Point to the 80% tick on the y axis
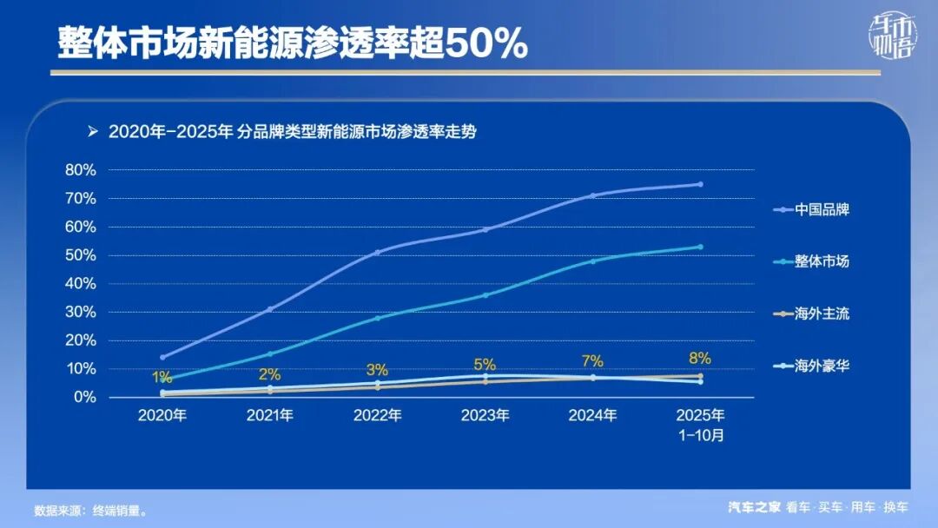81,170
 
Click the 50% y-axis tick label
81,255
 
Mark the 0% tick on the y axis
84,397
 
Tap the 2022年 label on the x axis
377,415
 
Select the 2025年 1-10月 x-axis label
700,425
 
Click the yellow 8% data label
700,358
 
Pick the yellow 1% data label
162,377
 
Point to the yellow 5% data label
485,365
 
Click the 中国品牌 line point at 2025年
700,184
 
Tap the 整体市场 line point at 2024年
593,261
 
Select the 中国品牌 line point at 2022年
377,252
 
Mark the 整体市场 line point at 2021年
270,353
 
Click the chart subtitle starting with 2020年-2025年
293,132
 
